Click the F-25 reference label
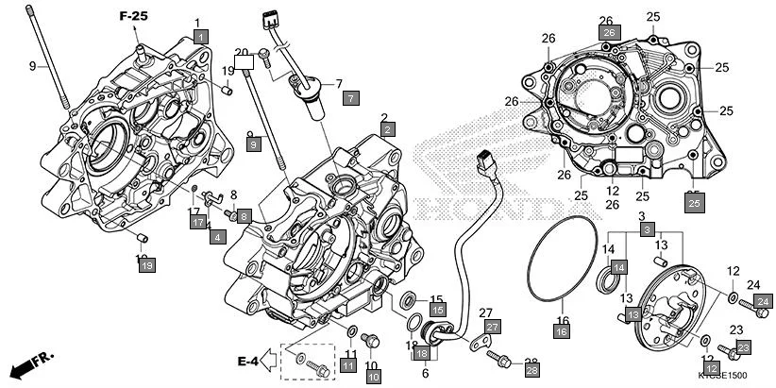(x=134, y=17)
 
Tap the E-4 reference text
(x=248, y=360)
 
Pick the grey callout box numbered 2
(x=388, y=127)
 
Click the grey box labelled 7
(x=349, y=97)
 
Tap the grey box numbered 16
(x=561, y=331)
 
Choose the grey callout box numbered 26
(x=609, y=33)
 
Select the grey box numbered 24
(x=764, y=301)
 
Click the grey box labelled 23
(x=742, y=348)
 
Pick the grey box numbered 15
(x=437, y=309)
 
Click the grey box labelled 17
(x=197, y=223)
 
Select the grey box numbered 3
(x=647, y=230)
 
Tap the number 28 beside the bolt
(x=531, y=363)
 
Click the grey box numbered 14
(x=616, y=268)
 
